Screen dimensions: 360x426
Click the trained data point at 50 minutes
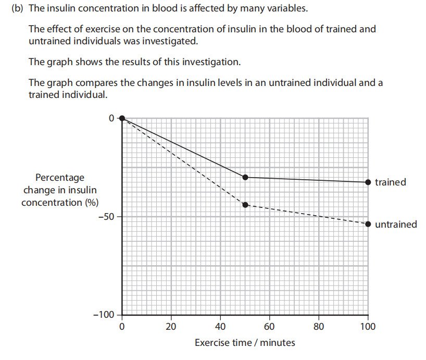(245, 177)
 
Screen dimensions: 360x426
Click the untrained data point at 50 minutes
(245, 205)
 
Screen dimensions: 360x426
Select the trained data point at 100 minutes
(368, 182)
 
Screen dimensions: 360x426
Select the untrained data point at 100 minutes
(368, 224)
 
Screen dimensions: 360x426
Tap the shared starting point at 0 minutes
(122, 118)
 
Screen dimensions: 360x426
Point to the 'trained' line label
(390, 182)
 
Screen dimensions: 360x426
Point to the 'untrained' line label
(396, 225)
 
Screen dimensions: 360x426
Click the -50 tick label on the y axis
(106, 217)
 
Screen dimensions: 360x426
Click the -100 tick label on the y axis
(104, 315)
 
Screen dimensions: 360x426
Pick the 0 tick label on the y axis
(111, 118)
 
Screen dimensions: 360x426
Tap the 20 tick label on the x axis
(171, 327)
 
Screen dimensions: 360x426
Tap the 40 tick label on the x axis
(220, 327)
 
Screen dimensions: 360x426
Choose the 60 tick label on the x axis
(270, 327)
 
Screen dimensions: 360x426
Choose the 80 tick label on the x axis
(319, 327)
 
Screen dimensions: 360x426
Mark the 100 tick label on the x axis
(368, 327)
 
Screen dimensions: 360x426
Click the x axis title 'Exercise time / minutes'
(245, 343)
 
